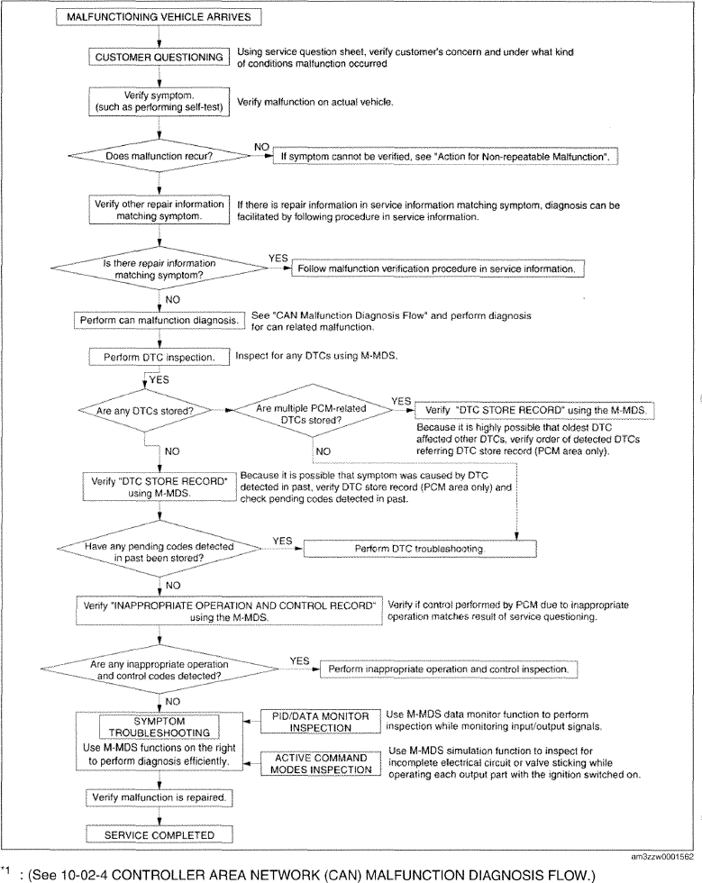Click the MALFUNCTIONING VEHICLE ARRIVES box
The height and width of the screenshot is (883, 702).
(x=160, y=16)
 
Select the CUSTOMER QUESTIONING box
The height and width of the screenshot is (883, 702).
(x=160, y=57)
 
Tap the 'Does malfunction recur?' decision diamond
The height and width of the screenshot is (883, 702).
(x=159, y=155)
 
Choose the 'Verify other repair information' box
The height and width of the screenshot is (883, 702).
(x=160, y=210)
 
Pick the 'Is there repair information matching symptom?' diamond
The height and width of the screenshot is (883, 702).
(x=159, y=269)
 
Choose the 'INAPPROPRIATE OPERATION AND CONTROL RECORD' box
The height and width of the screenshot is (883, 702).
(x=232, y=609)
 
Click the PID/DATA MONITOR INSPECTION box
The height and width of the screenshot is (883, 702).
(x=316, y=722)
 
